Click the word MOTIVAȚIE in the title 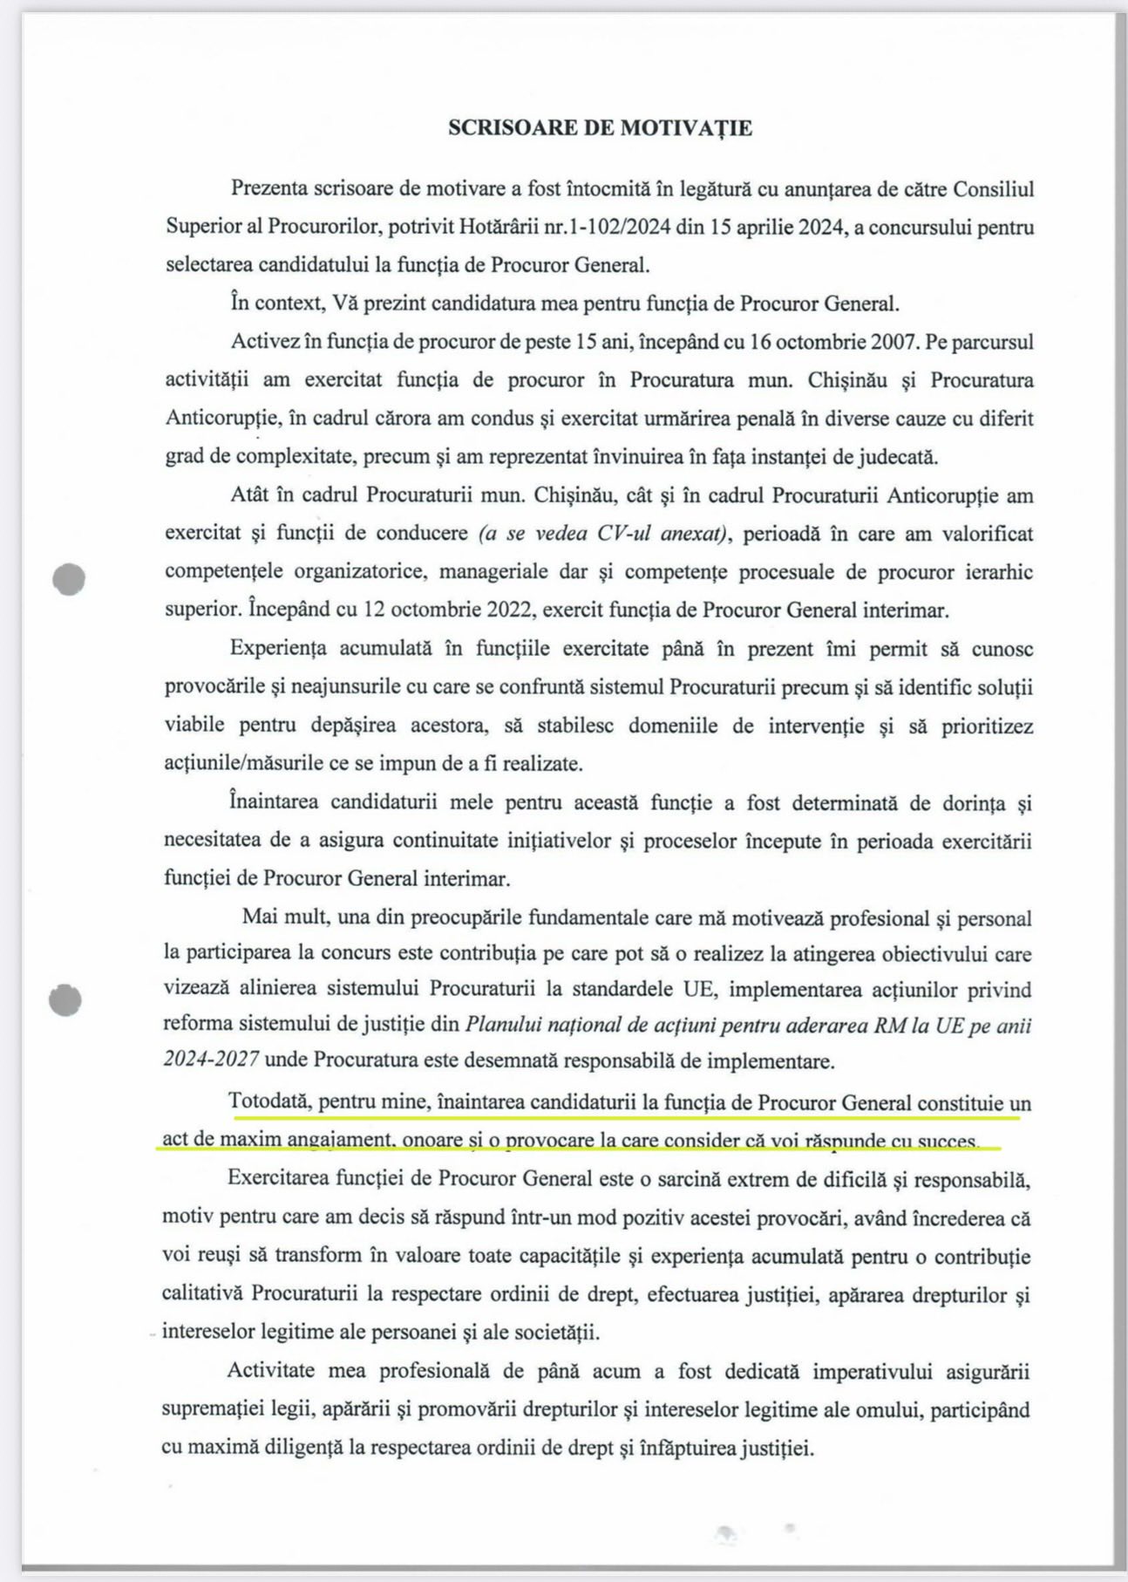tap(686, 128)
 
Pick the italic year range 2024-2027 tap(210, 1060)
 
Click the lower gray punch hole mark tap(66, 999)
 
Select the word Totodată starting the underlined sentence tap(268, 1101)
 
